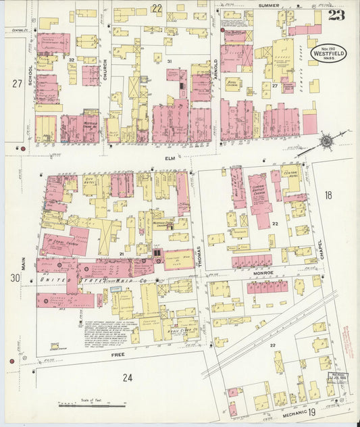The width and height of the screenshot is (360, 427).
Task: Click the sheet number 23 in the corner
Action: pos(337,14)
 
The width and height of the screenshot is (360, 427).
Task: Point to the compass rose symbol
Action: pos(327,141)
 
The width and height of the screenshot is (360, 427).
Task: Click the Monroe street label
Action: pos(263,273)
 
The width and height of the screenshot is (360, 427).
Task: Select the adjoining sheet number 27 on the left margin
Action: pos(16,83)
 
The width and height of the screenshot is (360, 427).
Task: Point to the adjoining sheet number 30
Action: pos(14,278)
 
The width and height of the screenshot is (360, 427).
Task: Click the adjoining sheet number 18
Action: pos(328,195)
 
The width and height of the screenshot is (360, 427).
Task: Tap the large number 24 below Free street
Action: pos(127,377)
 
